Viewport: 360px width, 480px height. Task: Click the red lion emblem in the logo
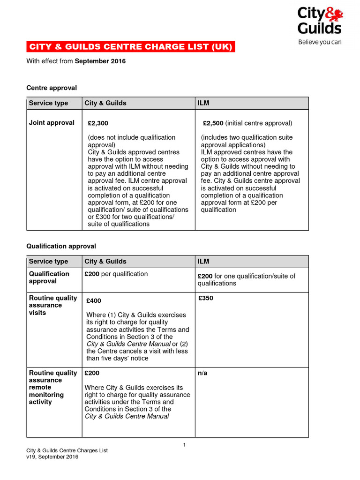336,15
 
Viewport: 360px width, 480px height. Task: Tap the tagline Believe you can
320,42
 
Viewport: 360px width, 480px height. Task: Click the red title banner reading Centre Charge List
131,47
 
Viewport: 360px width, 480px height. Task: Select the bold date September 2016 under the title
100,61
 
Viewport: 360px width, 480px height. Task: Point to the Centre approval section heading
52,88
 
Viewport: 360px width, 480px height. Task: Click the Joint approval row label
52,123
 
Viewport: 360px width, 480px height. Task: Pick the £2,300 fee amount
98,123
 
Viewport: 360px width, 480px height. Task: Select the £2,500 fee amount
213,123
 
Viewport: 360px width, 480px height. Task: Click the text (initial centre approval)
259,123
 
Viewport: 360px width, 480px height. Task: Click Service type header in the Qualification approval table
48,262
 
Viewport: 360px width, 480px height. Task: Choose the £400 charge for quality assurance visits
94,301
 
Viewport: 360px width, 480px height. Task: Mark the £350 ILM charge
206,298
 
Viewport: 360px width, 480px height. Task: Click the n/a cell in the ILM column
202,373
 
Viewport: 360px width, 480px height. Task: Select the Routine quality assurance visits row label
53,305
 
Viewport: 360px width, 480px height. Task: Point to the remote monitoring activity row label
46,395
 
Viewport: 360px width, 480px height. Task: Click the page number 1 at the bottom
185,445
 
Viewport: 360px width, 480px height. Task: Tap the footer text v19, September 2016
52,457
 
